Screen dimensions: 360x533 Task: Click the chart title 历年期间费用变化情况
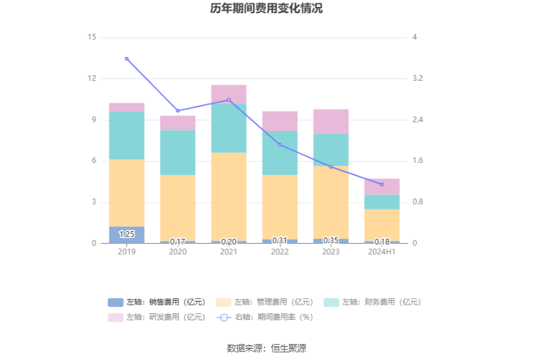266,9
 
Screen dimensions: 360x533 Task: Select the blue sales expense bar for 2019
127,235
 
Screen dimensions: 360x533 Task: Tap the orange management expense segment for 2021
229,196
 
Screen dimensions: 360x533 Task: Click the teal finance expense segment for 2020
178,152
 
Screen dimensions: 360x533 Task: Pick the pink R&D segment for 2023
330,121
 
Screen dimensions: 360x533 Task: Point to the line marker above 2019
127,58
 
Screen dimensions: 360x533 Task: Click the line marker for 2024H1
382,185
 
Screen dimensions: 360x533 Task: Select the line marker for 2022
280,145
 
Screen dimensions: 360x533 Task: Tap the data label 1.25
127,235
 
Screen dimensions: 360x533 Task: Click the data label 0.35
330,240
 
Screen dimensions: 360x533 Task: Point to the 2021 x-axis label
229,252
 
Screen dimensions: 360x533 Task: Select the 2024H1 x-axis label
382,252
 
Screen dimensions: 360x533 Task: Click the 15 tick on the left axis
91,37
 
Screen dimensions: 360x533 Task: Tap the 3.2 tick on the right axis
418,78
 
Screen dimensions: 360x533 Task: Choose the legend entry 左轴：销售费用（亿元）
157,302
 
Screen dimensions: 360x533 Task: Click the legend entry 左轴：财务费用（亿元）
373,302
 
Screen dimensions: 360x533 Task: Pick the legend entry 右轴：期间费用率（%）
265,318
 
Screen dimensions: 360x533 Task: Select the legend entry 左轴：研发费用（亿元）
157,318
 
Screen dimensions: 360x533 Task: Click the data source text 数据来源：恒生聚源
266,348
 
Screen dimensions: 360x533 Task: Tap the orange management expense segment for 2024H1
382,225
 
